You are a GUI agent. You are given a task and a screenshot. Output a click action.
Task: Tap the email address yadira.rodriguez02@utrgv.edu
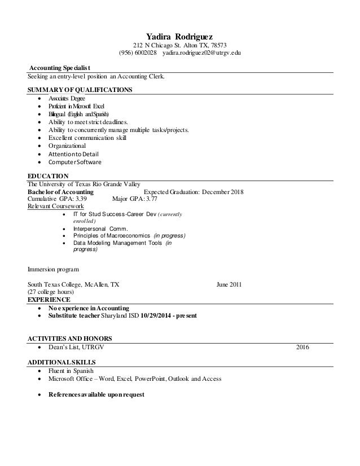point(202,53)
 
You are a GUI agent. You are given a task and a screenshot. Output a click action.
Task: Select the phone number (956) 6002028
point(138,53)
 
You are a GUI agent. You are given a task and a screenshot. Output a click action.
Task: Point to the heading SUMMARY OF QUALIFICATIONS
point(80,90)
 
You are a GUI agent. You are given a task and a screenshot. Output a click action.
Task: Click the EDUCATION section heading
point(48,175)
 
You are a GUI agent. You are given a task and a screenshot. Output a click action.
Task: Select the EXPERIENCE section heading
point(49,300)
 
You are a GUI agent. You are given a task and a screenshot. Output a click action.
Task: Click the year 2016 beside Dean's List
point(302,347)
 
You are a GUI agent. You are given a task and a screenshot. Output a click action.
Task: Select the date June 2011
point(229,284)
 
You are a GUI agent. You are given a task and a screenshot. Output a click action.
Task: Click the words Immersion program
point(54,269)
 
